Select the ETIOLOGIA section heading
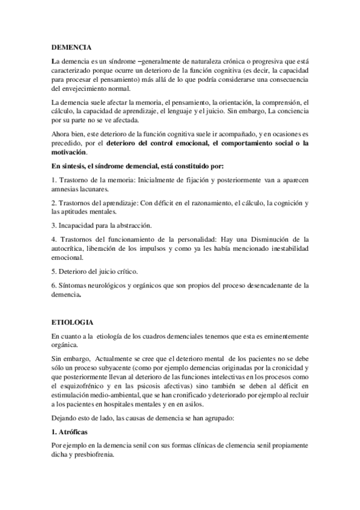coord(72,322)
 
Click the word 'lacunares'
coord(100,188)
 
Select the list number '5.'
coord(55,271)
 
